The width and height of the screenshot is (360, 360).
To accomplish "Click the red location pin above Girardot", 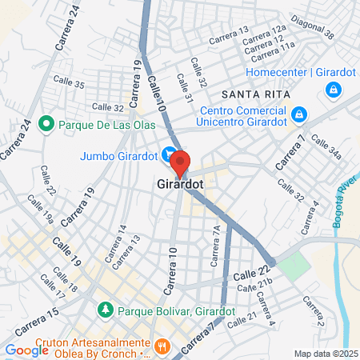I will pos(180,162).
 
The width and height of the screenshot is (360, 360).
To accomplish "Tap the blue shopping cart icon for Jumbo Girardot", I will pos(168,154).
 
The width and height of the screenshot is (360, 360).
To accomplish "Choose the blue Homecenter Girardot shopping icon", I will pos(332,91).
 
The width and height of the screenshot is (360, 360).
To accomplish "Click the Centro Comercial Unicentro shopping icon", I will pos(298,115).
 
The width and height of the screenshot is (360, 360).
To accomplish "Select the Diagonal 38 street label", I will pos(312,28).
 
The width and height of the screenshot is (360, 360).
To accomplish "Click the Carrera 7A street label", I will pos(214,245).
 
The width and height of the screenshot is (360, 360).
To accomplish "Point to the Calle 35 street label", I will pos(68,82).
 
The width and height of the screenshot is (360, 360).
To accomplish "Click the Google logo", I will pos(26,350).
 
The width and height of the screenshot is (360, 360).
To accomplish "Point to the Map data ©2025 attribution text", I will pos(325,354).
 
